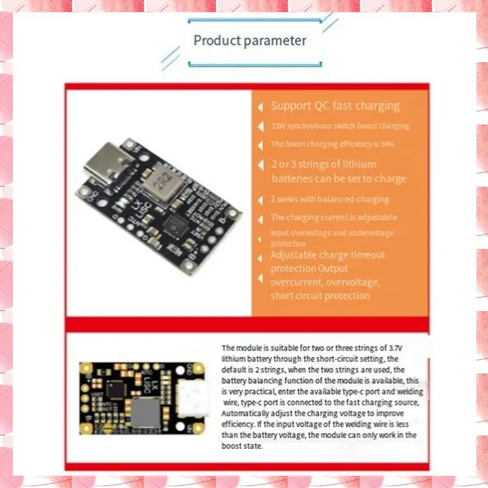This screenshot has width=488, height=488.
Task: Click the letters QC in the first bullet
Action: [x=321, y=106]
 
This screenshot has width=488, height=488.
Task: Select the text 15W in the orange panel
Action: [x=278, y=126]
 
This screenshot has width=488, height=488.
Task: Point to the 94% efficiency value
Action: [x=388, y=145]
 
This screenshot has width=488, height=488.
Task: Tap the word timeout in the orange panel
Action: [x=366, y=254]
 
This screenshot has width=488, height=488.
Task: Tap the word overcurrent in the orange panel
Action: [x=296, y=282]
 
